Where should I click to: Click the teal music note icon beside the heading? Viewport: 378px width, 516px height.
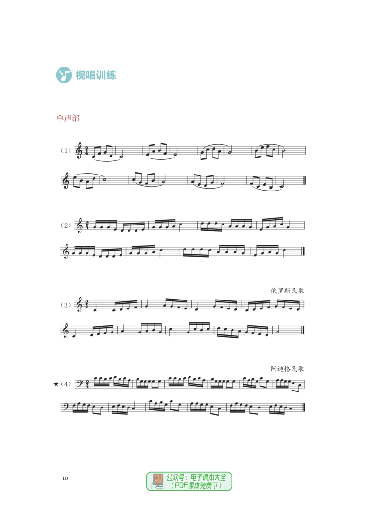pos(64,75)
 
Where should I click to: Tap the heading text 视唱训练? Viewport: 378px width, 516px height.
pos(95,75)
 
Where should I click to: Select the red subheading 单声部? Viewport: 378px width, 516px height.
pos(68,118)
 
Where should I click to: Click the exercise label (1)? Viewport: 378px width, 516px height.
pos(66,150)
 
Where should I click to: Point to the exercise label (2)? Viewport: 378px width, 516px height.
pos(66,225)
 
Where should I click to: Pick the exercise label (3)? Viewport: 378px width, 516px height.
pos(66,305)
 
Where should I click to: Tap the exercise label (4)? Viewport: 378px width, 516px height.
pos(66,384)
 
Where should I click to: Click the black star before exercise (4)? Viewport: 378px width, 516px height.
pos(56,384)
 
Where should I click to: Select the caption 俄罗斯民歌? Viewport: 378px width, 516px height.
pos(287,291)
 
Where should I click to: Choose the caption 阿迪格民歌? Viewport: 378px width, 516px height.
pos(287,369)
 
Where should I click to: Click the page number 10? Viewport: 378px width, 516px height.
pos(65,478)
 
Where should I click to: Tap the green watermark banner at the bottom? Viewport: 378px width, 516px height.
pos(189,481)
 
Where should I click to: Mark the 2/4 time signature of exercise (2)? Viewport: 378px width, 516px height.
pos(86,225)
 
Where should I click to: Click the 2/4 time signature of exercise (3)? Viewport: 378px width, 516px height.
pos(86,305)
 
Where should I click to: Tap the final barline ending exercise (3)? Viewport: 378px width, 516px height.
pos(302,330)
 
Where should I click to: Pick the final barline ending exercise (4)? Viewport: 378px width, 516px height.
pos(303,408)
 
